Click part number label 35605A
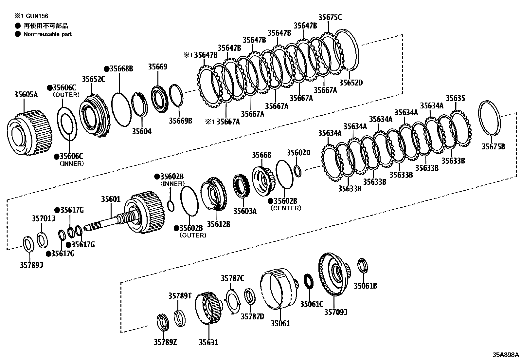point(26,95)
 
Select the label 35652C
point(93,79)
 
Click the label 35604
point(142,131)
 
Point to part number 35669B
point(180,121)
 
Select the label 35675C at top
point(330,17)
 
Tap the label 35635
point(456,98)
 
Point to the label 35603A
point(245,211)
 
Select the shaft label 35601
point(111,199)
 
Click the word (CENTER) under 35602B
point(286,208)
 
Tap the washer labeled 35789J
point(28,244)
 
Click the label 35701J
point(44,218)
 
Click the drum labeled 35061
point(278,288)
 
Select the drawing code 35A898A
point(506,355)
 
